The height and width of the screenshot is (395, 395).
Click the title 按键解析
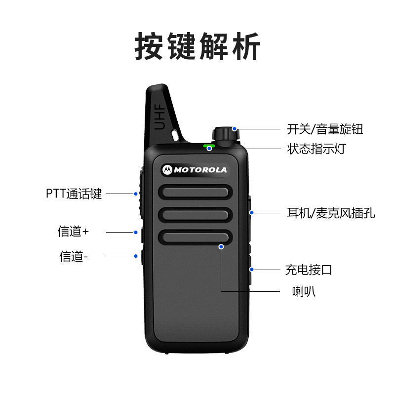pyautogui.click(x=197, y=46)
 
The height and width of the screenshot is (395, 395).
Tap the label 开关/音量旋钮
pyautogui.click(x=325, y=129)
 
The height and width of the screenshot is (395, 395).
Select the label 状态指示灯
pyautogui.click(x=316, y=149)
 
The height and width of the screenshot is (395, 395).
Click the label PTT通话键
pyautogui.click(x=74, y=194)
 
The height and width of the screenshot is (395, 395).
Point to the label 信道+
pyautogui.click(x=73, y=231)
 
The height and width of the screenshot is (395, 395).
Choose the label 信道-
pyautogui.click(x=74, y=256)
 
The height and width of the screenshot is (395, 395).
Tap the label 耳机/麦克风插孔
pyautogui.click(x=331, y=213)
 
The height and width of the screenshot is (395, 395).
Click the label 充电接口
pyautogui.click(x=309, y=270)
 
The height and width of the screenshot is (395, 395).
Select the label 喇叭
pyautogui.click(x=304, y=291)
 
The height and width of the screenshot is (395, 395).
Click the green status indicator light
pyautogui.click(x=209, y=146)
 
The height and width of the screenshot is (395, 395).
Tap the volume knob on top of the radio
pyautogui.click(x=226, y=136)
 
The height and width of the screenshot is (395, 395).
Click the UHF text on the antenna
pyautogui.click(x=159, y=117)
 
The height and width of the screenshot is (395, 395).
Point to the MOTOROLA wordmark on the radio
pyautogui.click(x=200, y=170)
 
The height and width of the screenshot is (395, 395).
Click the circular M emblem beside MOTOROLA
pyautogui.click(x=167, y=170)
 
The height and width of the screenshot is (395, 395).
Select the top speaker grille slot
pyautogui.click(x=195, y=192)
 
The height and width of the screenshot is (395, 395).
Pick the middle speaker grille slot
pyautogui.click(x=195, y=215)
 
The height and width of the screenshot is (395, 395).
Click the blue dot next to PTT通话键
pyautogui.click(x=136, y=194)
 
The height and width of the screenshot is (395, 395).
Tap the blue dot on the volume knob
pyautogui.click(x=234, y=129)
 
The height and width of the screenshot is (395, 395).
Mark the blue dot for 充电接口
pyautogui.click(x=251, y=270)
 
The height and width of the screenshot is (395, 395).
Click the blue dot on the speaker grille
pyautogui.click(x=221, y=246)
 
